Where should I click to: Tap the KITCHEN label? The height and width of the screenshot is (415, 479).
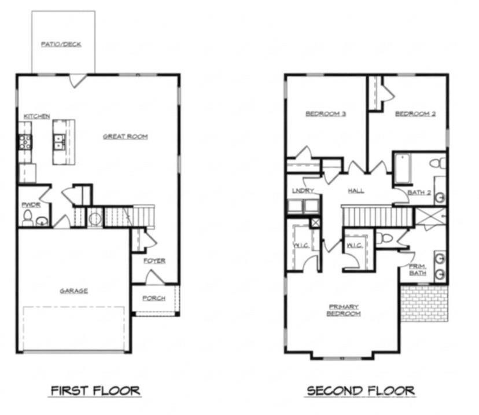[x=36, y=116]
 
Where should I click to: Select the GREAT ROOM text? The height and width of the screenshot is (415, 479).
[x=125, y=137]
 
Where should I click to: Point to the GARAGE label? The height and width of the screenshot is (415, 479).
[x=73, y=291]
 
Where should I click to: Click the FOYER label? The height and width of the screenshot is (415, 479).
[x=154, y=260]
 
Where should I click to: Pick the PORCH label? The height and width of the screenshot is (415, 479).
[x=153, y=298]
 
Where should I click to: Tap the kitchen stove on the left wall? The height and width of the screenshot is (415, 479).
[x=25, y=142]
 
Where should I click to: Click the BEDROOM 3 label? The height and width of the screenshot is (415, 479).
[x=325, y=114]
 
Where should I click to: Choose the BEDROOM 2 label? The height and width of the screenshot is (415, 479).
[x=415, y=114]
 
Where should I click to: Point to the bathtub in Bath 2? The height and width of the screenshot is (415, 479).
[x=403, y=168]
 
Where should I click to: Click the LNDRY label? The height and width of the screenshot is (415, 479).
[x=303, y=190]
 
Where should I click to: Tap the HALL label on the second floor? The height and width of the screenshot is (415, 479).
[x=356, y=190]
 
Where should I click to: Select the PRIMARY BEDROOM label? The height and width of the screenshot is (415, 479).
[x=344, y=310]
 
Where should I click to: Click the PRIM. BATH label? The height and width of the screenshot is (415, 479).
[x=417, y=269]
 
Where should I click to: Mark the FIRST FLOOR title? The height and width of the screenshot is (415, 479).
[x=95, y=391]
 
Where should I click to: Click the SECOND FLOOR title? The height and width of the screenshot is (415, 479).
[x=360, y=391]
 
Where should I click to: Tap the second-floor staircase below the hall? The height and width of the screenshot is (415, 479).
[x=377, y=218]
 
